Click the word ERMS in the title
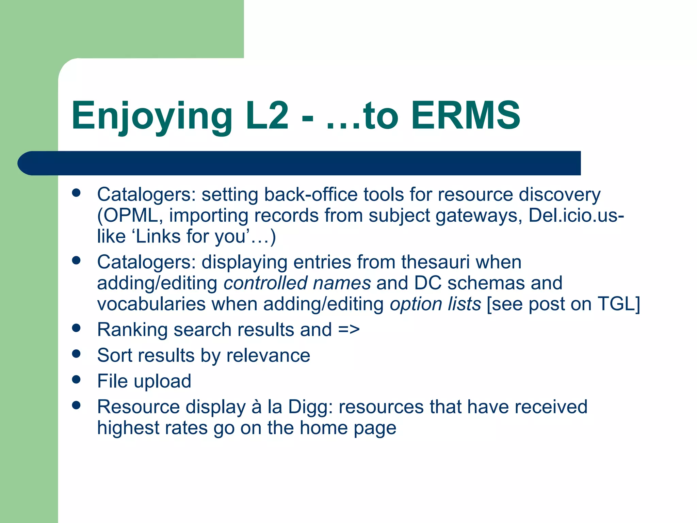(466, 116)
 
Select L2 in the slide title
(267, 116)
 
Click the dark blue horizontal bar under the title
(299, 163)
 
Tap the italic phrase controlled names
(297, 283)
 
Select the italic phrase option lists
(435, 304)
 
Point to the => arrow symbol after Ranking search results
(349, 330)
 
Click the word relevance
(268, 355)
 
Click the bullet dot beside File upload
(76, 379)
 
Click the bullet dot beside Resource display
(76, 405)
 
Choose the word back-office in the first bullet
(311, 195)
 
